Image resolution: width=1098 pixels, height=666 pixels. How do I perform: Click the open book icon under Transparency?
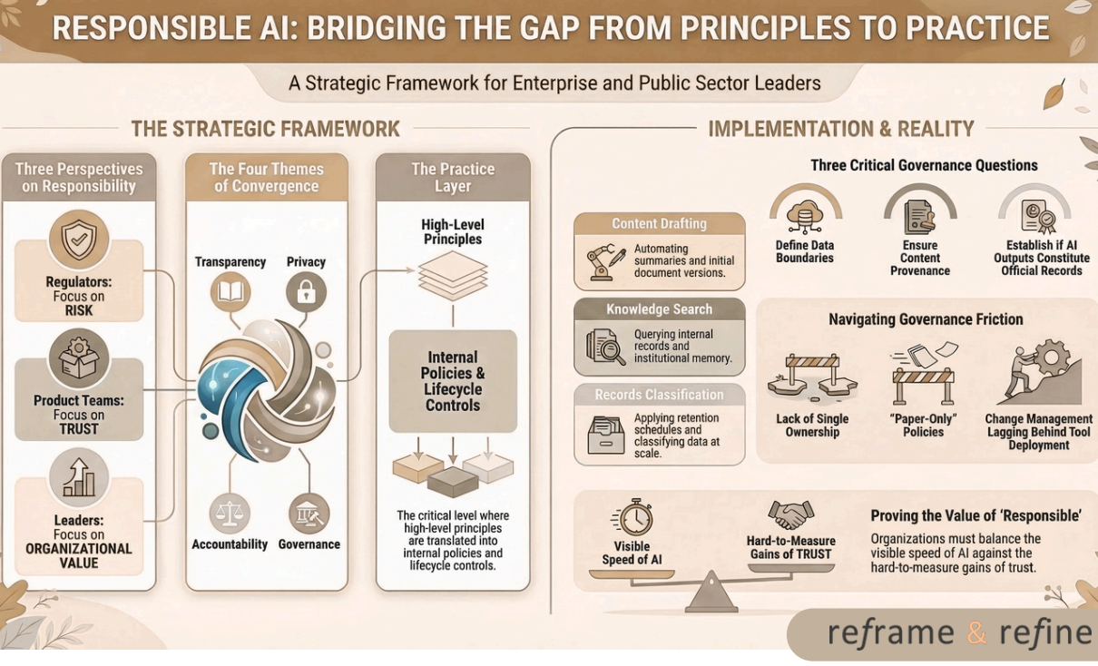click(230, 292)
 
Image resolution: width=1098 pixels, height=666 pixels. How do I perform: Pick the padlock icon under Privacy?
click(306, 292)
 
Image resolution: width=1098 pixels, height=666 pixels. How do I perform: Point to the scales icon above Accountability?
click(230, 514)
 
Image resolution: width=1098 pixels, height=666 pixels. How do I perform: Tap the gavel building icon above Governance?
click(309, 514)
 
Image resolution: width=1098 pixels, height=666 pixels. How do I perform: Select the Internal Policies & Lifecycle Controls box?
click(453, 381)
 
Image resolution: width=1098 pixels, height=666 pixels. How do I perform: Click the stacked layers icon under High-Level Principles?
click(453, 275)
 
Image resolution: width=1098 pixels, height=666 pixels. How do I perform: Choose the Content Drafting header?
click(660, 224)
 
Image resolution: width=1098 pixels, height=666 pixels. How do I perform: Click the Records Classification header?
click(660, 395)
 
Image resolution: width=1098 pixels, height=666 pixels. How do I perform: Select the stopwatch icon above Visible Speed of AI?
click(634, 517)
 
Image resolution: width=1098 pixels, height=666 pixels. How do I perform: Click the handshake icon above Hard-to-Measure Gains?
click(790, 515)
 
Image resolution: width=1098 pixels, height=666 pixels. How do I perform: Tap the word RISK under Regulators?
click(79, 310)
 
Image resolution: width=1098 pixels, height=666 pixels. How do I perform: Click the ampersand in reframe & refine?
click(976, 632)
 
